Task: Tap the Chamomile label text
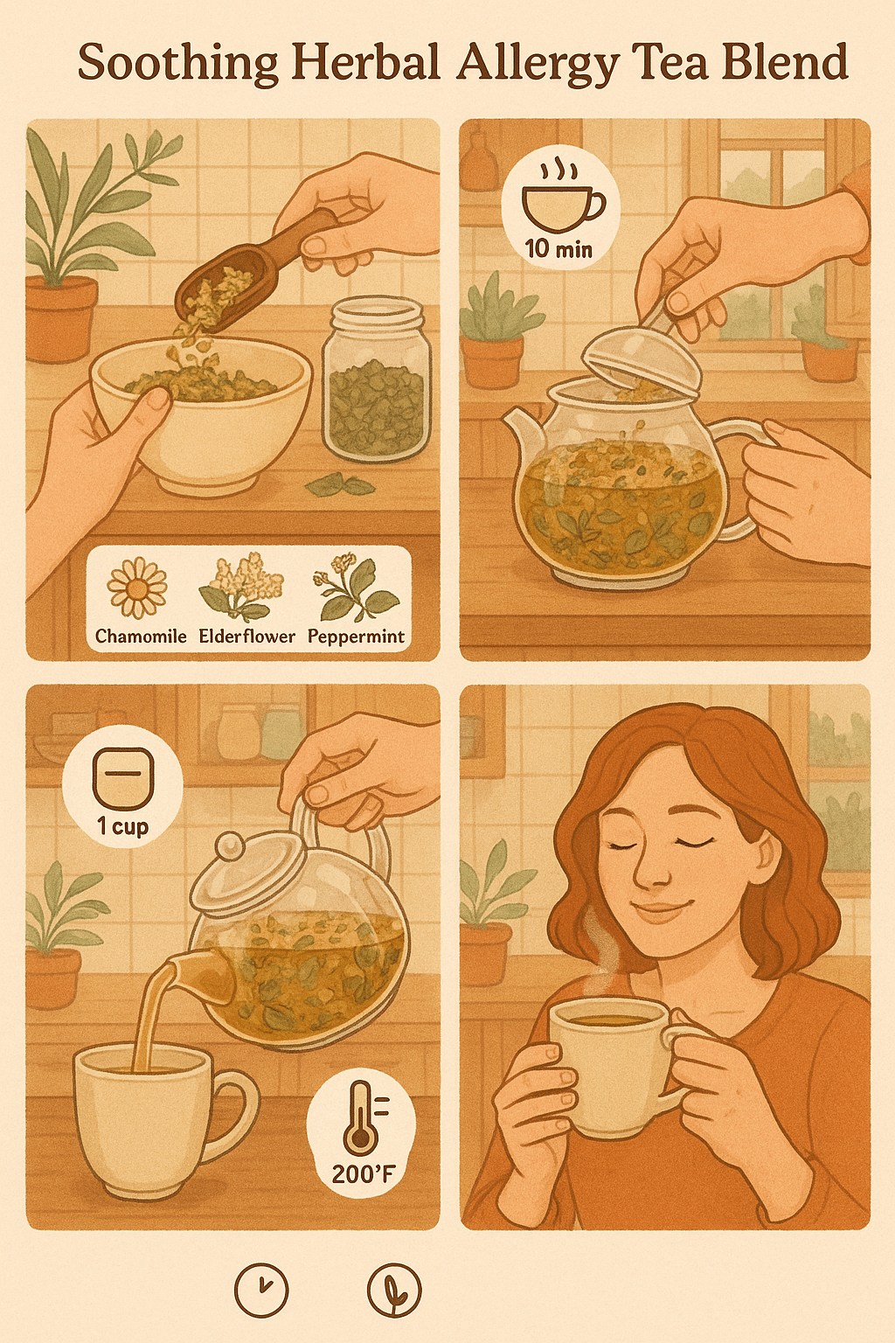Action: pos(141,637)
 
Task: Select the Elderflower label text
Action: pos(247,637)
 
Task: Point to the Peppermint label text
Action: pos(356,637)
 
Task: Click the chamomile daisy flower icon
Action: pos(136,587)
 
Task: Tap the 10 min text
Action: pos(559,248)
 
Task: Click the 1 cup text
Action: pos(122,827)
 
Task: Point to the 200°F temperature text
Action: pos(363,1173)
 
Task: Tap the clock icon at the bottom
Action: pos(260,1291)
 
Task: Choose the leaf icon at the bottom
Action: pos(394,1291)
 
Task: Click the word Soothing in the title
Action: pos(178,64)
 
